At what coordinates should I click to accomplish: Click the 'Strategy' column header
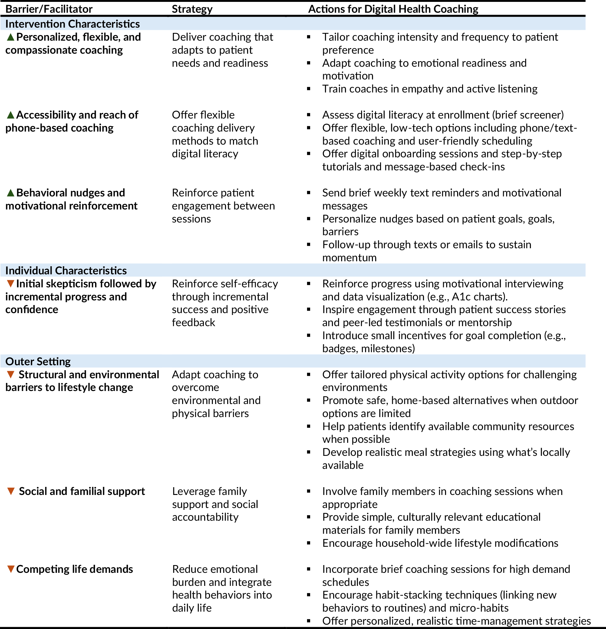[192, 9]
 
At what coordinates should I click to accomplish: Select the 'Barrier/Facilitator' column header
[49, 9]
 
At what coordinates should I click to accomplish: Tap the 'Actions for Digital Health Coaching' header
[393, 9]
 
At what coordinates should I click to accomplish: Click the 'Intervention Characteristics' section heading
[72, 24]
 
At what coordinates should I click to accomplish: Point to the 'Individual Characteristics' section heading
[66, 271]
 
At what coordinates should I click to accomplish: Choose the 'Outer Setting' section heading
[38, 361]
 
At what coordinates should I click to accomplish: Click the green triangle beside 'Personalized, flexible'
[11, 37]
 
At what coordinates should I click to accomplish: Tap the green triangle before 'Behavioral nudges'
[11, 193]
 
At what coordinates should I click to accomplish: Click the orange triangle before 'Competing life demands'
[11, 569]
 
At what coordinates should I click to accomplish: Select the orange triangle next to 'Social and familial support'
[11, 491]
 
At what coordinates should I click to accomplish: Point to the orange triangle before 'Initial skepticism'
[11, 283]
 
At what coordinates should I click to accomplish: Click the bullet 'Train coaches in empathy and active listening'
[429, 89]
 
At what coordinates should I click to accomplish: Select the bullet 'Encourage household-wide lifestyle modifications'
[440, 543]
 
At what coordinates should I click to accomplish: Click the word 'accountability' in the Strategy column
[205, 517]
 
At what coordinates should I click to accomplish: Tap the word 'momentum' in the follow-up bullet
[349, 258]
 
